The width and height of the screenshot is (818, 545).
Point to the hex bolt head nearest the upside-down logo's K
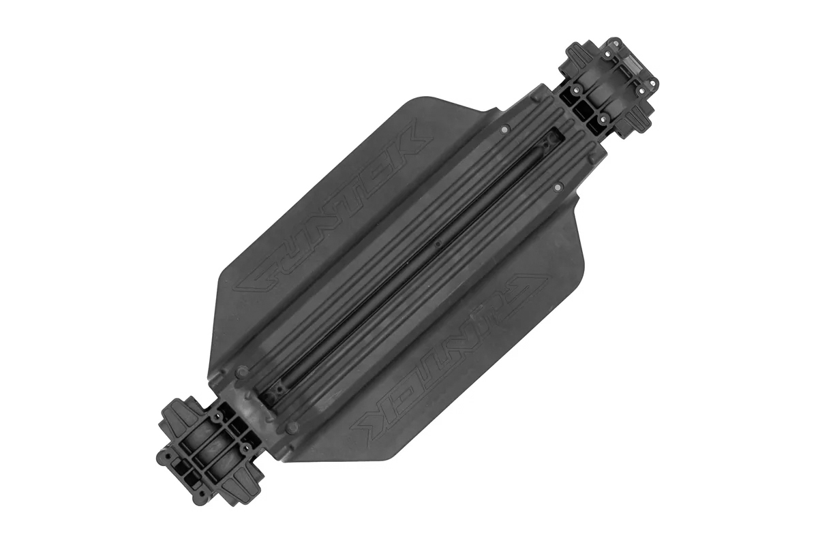[293, 427]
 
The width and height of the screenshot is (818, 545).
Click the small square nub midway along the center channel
[438, 241]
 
